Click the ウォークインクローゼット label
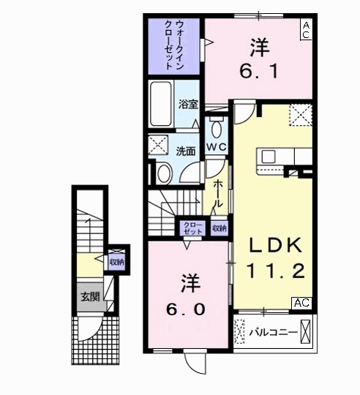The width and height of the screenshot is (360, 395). coord(173,45)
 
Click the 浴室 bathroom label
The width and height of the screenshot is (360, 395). coord(189,105)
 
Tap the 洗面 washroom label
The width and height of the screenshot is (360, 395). coord(186,151)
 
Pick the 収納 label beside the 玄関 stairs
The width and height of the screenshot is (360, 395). coord(117,261)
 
